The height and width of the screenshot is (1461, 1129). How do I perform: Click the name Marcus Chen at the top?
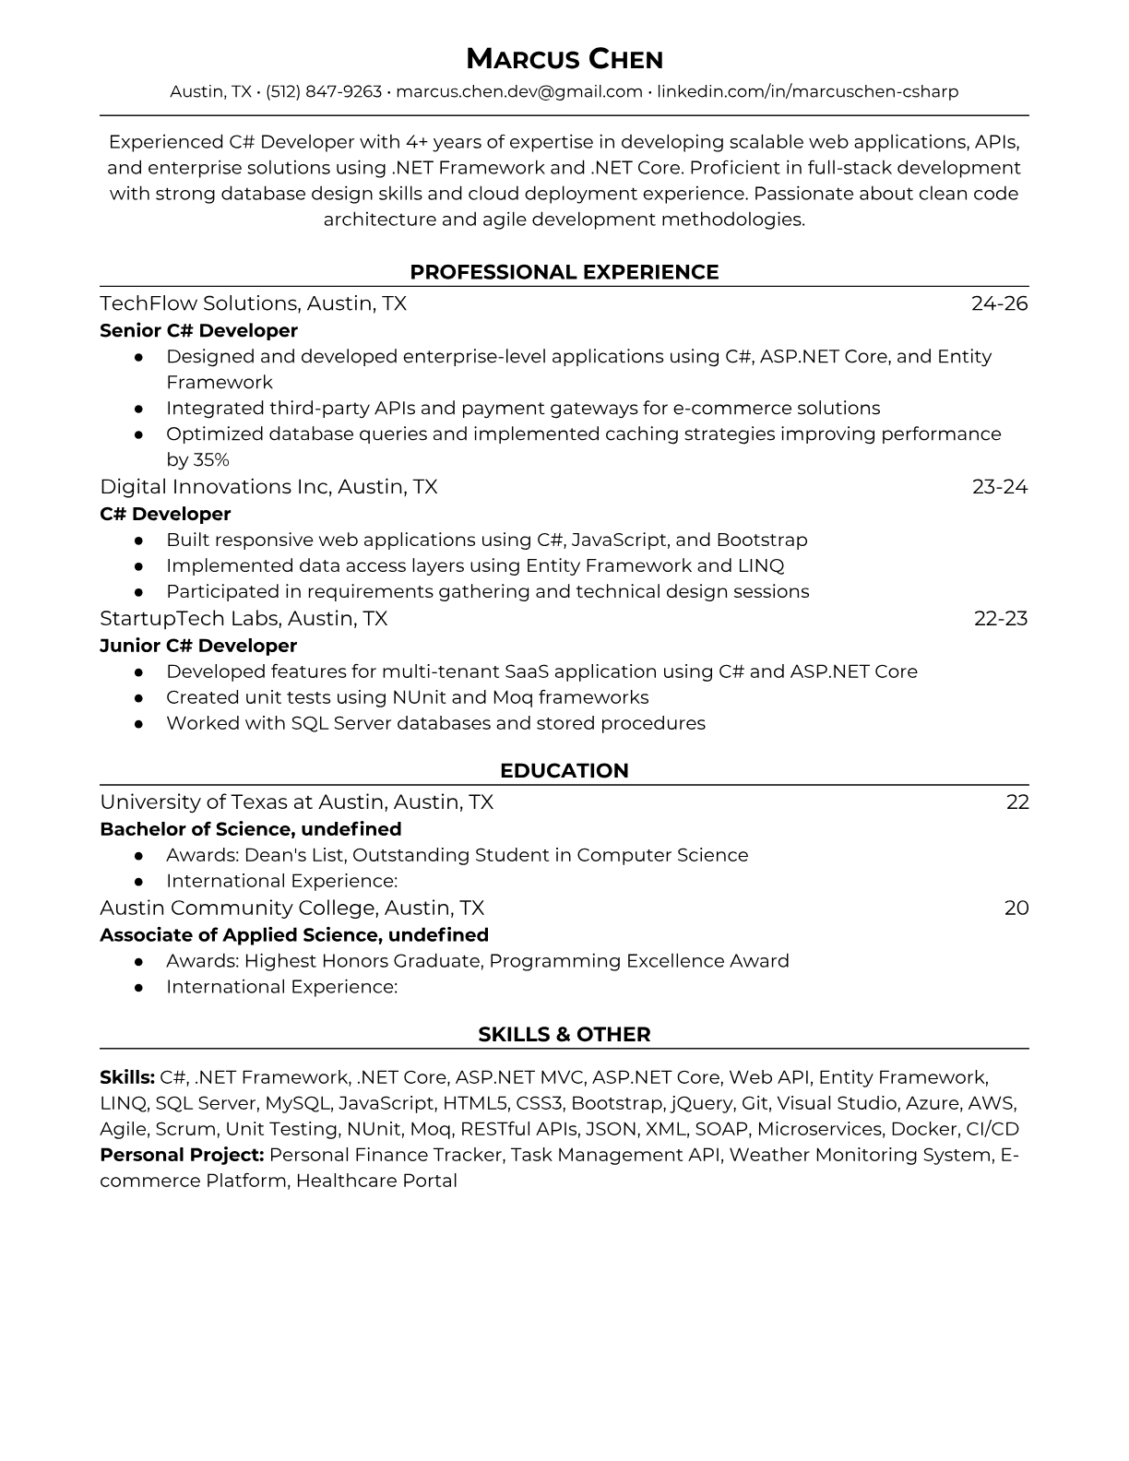pyautogui.click(x=564, y=60)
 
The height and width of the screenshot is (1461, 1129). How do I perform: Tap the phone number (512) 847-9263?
pyautogui.click(x=324, y=91)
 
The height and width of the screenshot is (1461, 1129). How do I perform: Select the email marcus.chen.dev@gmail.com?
pyautogui.click(x=519, y=91)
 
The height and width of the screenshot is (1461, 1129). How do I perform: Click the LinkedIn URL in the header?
pyautogui.click(x=807, y=91)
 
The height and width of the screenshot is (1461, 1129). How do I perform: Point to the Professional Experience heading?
pyautogui.click(x=564, y=272)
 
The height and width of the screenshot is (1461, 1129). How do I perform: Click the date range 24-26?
pyautogui.click(x=999, y=303)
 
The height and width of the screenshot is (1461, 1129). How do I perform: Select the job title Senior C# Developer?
pyautogui.click(x=198, y=330)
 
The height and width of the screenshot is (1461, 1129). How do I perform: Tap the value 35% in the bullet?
pyautogui.click(x=211, y=459)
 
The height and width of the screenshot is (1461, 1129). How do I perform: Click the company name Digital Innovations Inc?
pyautogui.click(x=215, y=486)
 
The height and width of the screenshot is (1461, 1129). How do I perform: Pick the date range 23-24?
pyautogui.click(x=999, y=486)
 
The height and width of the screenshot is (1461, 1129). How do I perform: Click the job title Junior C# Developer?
pyautogui.click(x=198, y=646)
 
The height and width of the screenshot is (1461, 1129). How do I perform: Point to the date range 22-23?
pyautogui.click(x=1000, y=618)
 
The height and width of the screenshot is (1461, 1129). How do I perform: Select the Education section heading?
pyautogui.click(x=564, y=771)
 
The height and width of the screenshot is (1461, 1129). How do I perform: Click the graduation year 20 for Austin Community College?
pyautogui.click(x=1016, y=908)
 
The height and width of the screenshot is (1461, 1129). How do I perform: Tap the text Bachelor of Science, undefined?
pyautogui.click(x=251, y=829)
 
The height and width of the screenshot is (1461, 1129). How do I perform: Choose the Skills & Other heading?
pyautogui.click(x=564, y=1035)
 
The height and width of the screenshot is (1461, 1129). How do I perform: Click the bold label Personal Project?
pyautogui.click(x=182, y=1155)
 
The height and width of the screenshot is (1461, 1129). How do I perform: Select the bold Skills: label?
pyautogui.click(x=127, y=1077)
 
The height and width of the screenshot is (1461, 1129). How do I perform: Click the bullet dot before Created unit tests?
pyautogui.click(x=138, y=698)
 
